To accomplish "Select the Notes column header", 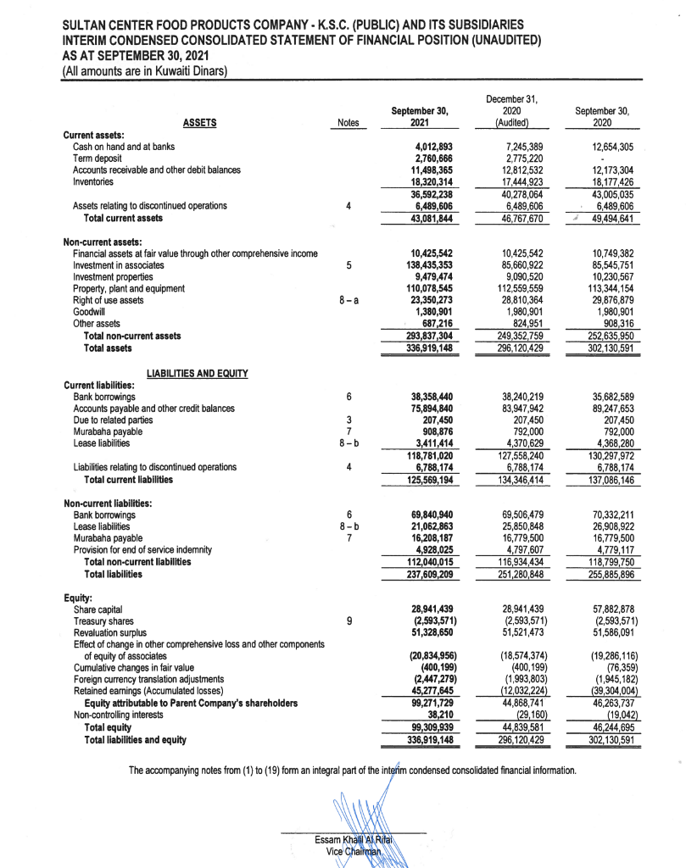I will [349, 123].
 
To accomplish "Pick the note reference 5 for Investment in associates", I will [349, 264].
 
